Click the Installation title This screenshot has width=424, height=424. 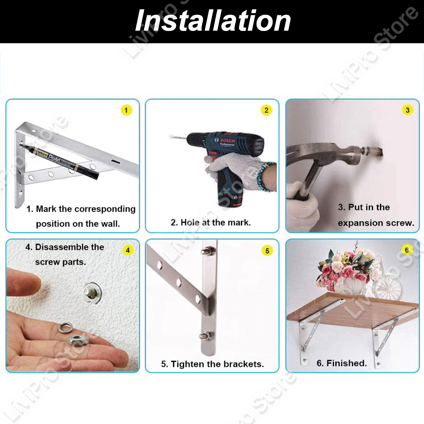(213, 21)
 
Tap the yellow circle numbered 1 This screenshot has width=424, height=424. (126, 110)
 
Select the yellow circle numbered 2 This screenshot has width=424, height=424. (266, 110)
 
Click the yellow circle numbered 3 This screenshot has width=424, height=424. (407, 110)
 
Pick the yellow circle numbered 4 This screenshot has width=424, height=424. (128, 250)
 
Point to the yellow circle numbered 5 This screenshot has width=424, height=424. (267, 251)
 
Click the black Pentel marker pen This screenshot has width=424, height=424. (59, 161)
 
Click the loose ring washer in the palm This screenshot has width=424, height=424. (65, 328)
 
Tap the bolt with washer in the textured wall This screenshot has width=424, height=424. (92, 292)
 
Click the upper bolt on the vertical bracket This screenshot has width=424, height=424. (208, 251)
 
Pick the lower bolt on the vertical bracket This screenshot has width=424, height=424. (206, 336)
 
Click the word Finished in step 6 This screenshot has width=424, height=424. (346, 363)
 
